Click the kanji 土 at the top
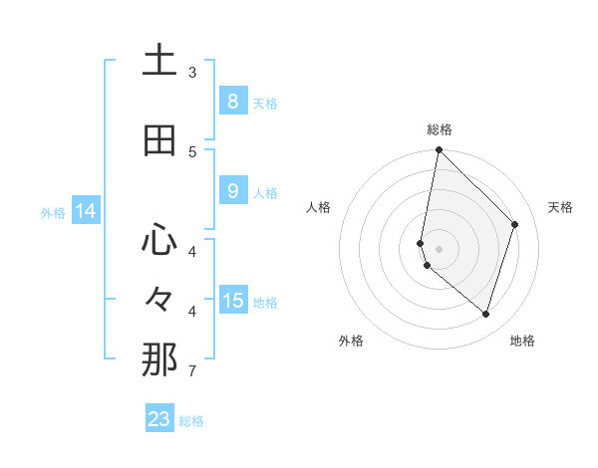159,62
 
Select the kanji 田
159,140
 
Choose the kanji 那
159,359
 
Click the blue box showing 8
232,102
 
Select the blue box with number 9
232,191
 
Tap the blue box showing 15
232,301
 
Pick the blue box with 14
86,211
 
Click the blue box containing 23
159,419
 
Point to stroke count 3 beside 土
192,73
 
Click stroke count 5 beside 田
192,151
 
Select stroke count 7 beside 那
192,371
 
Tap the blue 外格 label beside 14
52,212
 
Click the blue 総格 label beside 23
191,420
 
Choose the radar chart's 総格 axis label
439,129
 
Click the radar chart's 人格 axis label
318,207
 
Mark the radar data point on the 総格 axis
439,150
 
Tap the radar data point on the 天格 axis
514,224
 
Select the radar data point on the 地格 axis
485,314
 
